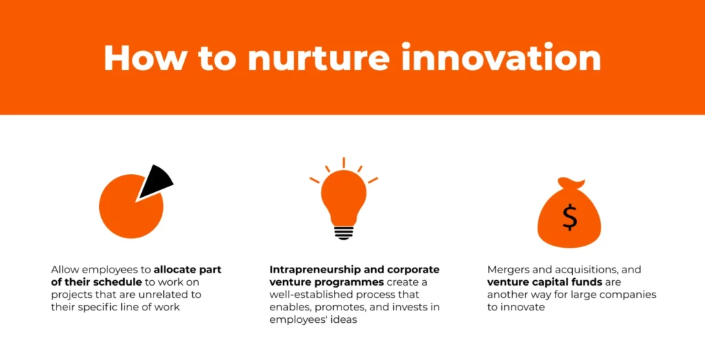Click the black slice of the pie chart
click(x=157, y=181)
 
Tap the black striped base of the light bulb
click(x=344, y=232)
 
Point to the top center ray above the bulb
click(x=344, y=163)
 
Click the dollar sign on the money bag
click(x=569, y=217)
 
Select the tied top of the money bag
click(x=571, y=184)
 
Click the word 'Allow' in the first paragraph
click(x=65, y=270)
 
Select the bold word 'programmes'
click(x=350, y=282)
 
